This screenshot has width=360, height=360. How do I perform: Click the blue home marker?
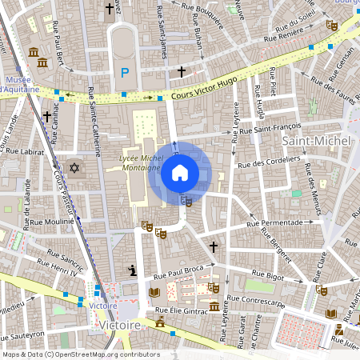pyautogui.click(x=180, y=172)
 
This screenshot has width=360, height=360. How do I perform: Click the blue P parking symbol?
pyautogui.click(x=124, y=73)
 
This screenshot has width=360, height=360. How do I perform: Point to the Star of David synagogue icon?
pyautogui.click(x=76, y=169)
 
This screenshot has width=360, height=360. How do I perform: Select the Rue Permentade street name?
pyautogui.click(x=274, y=222)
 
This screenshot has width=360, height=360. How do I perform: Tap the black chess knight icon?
pyautogui.click(x=132, y=270)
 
